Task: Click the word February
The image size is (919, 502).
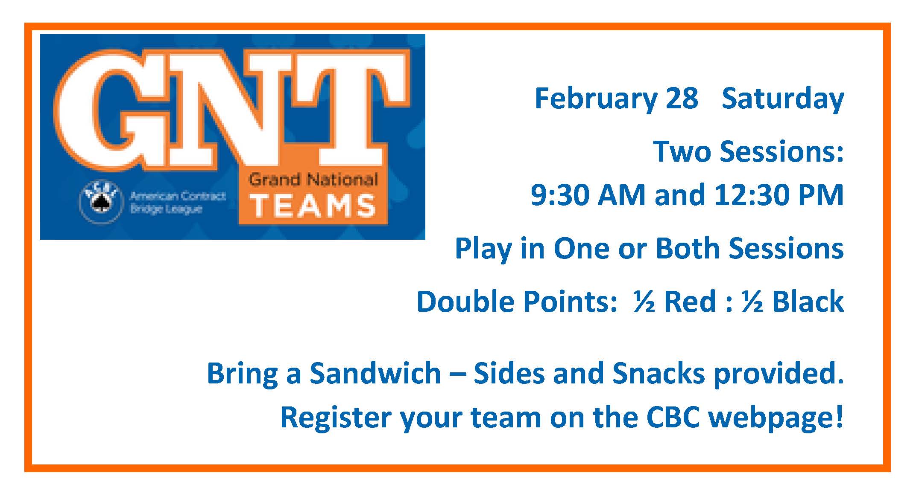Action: (x=596, y=99)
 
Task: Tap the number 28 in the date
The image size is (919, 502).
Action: (x=682, y=98)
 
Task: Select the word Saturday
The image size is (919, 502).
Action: (x=783, y=99)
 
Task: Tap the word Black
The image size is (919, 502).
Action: (x=808, y=302)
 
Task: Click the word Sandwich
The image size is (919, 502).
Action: (x=375, y=373)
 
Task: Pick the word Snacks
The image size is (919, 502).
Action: (x=659, y=373)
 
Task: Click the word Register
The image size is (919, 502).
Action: (x=336, y=418)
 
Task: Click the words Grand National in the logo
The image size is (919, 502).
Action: (x=313, y=180)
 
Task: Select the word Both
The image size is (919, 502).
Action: (x=688, y=248)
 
